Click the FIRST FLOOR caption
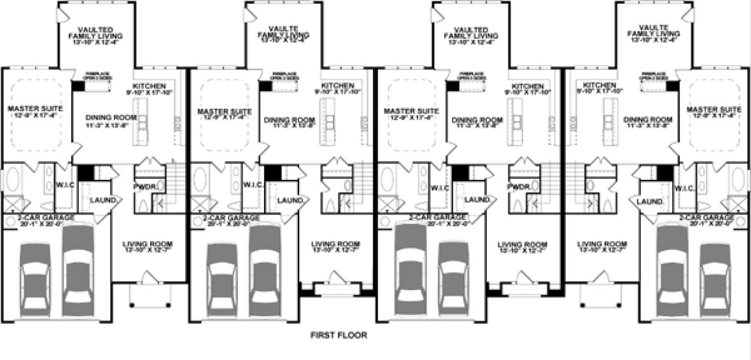pos(339,335)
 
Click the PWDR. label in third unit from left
pos(520,187)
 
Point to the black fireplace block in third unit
pos(453,87)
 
